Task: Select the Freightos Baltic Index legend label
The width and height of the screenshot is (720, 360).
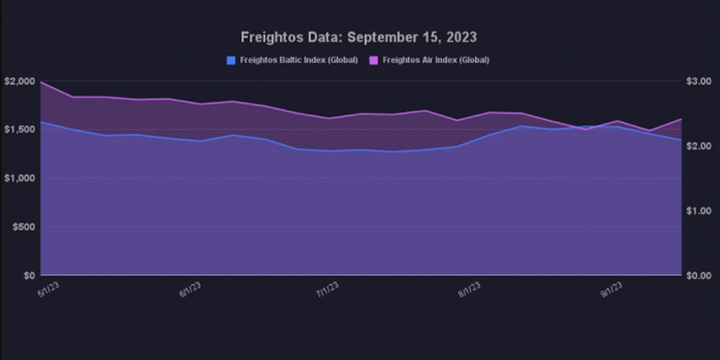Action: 299,60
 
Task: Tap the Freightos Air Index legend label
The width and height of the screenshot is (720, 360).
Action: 436,60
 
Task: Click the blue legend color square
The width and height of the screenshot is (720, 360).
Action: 231,60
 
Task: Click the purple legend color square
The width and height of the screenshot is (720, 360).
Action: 374,60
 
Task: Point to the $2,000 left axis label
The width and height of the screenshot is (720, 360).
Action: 18,81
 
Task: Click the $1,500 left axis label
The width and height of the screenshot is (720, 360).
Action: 18,130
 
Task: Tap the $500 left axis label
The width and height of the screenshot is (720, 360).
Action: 22,227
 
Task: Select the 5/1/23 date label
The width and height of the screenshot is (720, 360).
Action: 48,289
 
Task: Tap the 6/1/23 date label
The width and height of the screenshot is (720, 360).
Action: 190,289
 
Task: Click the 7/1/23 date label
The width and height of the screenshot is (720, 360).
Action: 328,289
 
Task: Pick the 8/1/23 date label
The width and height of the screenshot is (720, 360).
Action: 469,289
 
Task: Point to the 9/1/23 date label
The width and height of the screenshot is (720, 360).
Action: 612,289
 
